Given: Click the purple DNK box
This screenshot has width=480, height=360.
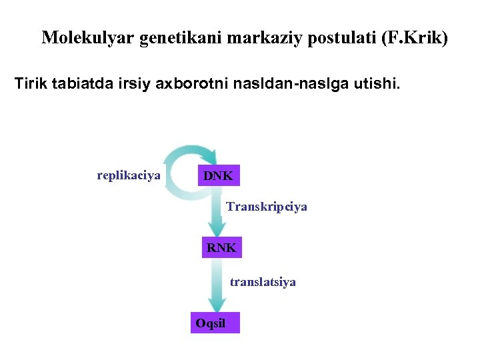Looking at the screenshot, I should [x=219, y=176].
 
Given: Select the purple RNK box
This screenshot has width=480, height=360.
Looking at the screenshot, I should [x=221, y=248].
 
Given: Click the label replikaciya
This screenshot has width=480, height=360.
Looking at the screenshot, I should [x=129, y=175].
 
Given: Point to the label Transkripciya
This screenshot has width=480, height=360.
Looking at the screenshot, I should [x=267, y=207].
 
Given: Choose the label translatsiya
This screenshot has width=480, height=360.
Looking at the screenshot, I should [x=263, y=282].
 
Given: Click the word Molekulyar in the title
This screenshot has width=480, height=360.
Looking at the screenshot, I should [x=88, y=37].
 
